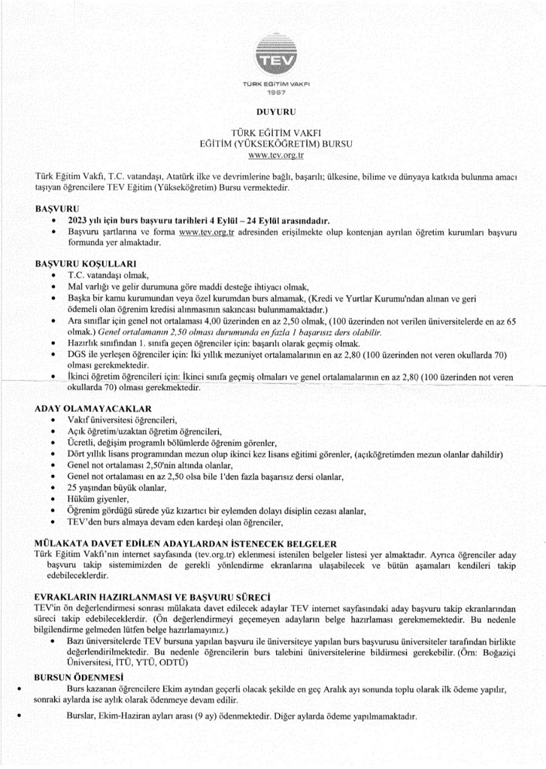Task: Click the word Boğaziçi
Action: coord(494,651)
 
